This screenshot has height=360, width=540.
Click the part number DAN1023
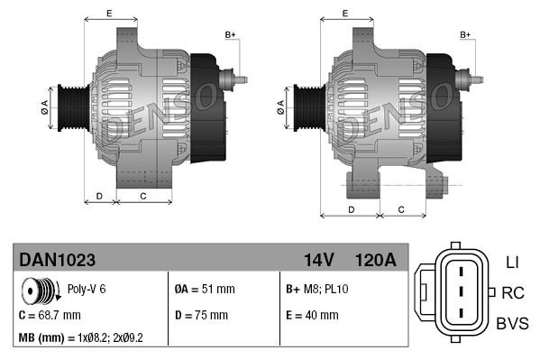[58, 260]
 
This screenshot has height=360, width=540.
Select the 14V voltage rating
[318, 260]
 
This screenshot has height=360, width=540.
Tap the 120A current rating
[376, 260]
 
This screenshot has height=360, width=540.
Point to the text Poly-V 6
[87, 291]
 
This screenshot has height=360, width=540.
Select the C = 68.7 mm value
[50, 315]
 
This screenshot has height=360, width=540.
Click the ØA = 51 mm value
[204, 291]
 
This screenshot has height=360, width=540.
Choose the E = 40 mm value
[311, 315]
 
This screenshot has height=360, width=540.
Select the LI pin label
[511, 262]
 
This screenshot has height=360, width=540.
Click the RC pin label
[513, 292]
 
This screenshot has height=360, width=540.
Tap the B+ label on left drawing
[230, 34]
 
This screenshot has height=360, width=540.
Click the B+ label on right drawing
[466, 34]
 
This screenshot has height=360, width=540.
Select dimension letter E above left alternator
[108, 13]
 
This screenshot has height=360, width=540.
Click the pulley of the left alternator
[70, 107]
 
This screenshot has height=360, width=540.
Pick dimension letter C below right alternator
[400, 209]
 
